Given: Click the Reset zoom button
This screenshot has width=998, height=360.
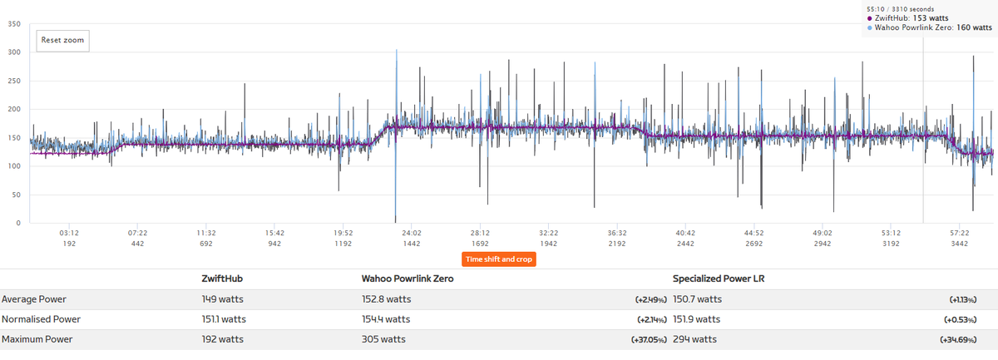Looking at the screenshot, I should [x=62, y=40].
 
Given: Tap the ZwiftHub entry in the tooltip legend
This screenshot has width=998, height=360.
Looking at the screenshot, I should [x=910, y=17].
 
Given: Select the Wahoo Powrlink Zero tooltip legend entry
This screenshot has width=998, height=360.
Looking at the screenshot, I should [x=929, y=27].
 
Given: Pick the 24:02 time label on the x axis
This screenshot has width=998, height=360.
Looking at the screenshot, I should [x=412, y=234].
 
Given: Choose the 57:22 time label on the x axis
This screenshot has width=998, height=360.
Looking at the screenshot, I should [x=959, y=234].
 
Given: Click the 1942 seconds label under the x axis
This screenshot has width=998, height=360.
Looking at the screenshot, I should [x=548, y=244].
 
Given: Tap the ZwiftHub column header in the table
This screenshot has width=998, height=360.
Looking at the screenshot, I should [x=222, y=279].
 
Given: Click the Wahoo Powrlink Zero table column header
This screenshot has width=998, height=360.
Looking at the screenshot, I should [x=407, y=279].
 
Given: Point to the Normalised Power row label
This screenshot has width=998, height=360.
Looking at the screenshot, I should [x=41, y=318].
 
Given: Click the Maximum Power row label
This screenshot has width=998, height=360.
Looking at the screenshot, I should [x=37, y=339].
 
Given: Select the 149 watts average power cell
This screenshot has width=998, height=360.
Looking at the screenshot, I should [x=221, y=298].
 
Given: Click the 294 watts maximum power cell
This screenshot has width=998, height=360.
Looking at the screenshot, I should [x=694, y=339].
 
